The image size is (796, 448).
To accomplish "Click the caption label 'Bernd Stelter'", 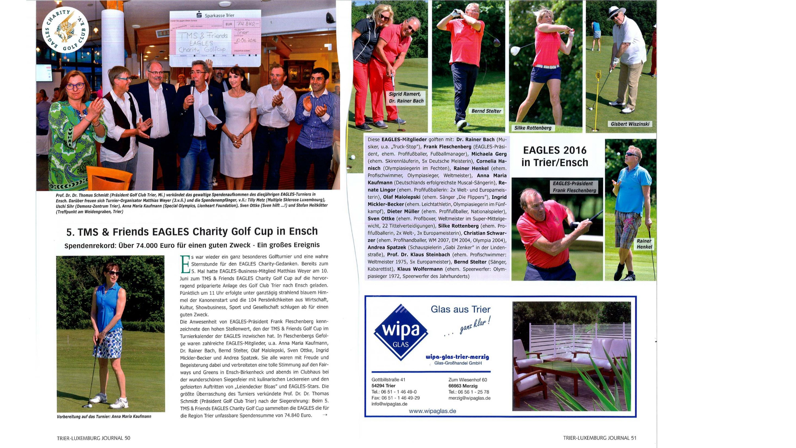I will (486, 111).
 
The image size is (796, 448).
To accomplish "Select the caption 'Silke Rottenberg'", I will (532, 128).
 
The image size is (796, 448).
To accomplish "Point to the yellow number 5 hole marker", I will (598, 75).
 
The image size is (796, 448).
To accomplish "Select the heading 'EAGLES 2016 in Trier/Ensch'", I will (555, 156).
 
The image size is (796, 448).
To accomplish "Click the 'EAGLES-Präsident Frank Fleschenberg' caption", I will (574, 187).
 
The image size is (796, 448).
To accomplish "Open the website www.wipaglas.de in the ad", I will (432, 411).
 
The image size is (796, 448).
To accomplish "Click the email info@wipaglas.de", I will (389, 404).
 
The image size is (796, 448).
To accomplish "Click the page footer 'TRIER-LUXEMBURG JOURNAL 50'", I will (93, 438).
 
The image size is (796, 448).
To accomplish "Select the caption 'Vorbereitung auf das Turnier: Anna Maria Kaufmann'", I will (104, 417).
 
